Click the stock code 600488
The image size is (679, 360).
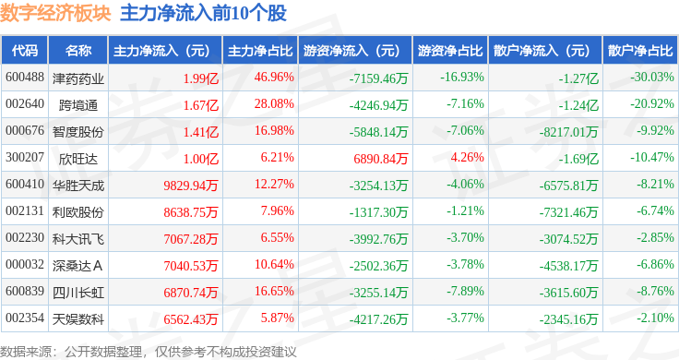(x=25, y=78)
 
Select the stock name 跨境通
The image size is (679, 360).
(x=78, y=105)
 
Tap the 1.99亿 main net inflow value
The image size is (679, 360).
(x=200, y=78)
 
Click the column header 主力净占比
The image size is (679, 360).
(x=260, y=51)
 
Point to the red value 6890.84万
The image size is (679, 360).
(x=381, y=159)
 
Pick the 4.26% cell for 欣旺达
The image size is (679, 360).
(x=467, y=157)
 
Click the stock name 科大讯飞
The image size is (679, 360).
(x=78, y=239)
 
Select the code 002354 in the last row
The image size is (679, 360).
(x=25, y=318)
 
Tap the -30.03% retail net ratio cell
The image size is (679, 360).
(x=652, y=78)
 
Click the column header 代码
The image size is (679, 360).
(x=25, y=51)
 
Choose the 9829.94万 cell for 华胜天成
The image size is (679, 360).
(x=191, y=186)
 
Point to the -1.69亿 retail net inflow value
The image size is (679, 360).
(x=578, y=159)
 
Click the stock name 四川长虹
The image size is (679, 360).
(x=78, y=293)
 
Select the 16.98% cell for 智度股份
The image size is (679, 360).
(x=274, y=130)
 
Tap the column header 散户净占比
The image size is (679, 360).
(x=640, y=51)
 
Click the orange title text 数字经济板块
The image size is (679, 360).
(x=56, y=13)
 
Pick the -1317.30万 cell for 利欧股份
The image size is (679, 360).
(x=378, y=212)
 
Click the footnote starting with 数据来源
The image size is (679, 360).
(x=149, y=352)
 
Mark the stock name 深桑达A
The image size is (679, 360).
(x=77, y=266)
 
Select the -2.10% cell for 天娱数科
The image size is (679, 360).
(x=655, y=318)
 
